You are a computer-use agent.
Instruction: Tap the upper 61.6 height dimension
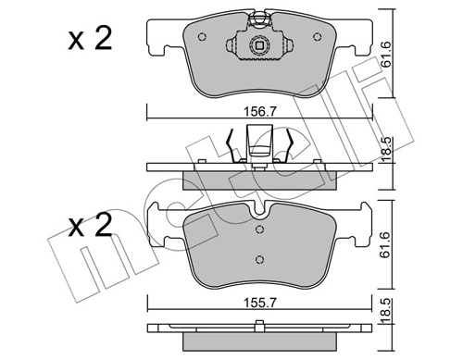tap(390, 61)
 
